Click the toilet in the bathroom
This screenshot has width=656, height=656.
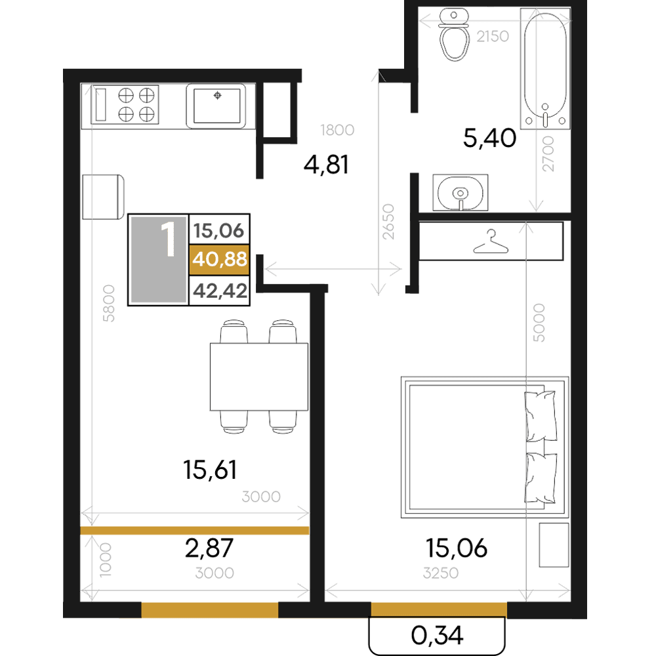[453, 35]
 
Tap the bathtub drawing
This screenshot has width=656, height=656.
[545, 69]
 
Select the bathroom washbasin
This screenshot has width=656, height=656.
[461, 192]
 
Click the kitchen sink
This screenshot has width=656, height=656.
[216, 106]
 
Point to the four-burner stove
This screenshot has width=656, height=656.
[125, 104]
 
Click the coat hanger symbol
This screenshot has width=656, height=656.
[491, 242]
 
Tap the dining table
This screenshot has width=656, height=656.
[259, 377]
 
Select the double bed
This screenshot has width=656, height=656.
[485, 447]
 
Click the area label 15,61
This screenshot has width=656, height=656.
[210, 470]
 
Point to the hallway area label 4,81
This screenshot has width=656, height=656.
[326, 164]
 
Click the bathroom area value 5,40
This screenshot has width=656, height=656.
[489, 138]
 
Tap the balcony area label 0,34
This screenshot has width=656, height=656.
[437, 635]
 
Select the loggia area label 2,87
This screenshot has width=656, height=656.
[209, 548]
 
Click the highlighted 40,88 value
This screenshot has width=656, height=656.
[220, 259]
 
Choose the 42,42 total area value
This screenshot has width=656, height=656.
[220, 291]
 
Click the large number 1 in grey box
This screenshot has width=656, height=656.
[168, 239]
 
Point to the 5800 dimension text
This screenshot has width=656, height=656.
[108, 303]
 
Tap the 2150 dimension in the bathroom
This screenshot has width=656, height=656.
[493, 37]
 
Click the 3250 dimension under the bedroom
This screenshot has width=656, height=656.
[441, 573]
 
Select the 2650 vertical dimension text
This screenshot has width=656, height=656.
[388, 221]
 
